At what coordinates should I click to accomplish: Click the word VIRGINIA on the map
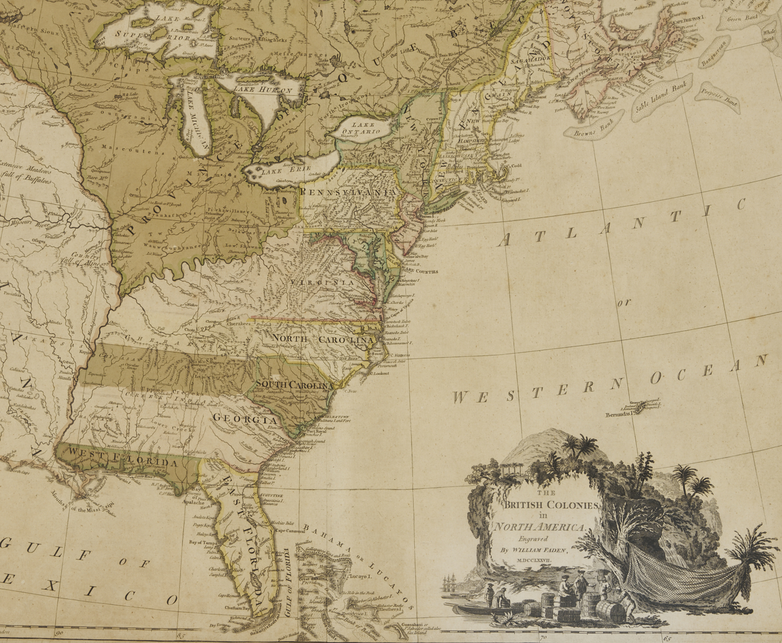pyautogui.click(x=323, y=282)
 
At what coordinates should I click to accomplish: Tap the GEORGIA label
pyautogui.click(x=245, y=419)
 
